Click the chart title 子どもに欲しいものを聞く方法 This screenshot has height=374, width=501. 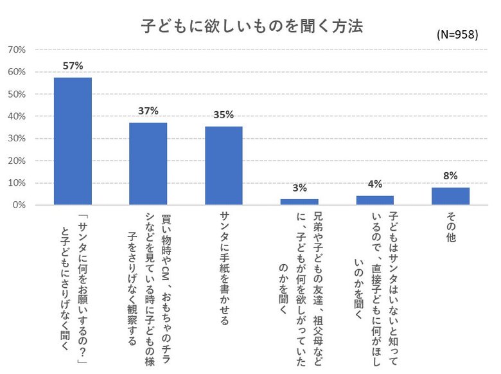251,27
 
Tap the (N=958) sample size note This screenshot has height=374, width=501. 457,35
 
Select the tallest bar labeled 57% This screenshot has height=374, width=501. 73,141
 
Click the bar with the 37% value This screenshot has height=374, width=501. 148,163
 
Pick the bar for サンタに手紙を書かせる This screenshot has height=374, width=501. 224,165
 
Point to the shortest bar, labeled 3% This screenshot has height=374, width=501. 299,202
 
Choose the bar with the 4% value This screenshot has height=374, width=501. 375,200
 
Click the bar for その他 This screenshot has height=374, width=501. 450,196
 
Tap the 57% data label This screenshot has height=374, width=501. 73,66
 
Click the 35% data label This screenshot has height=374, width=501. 224,115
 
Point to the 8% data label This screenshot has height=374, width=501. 450,175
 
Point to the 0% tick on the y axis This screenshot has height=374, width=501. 18,205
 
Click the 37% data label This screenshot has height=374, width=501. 148,111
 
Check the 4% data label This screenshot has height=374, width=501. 375,184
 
